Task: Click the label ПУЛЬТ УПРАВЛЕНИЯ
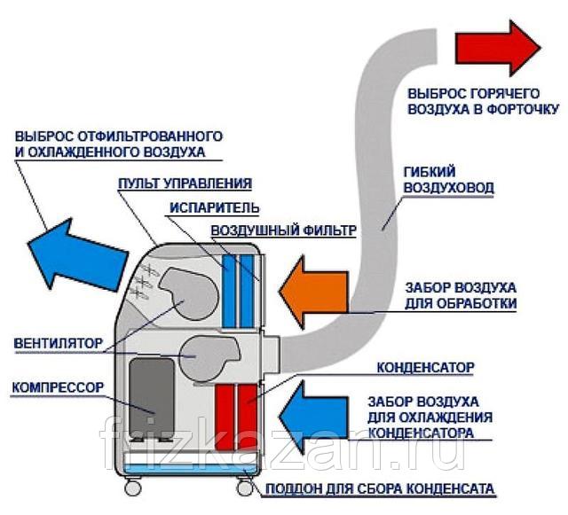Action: [184, 183]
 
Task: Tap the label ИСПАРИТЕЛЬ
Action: [212, 207]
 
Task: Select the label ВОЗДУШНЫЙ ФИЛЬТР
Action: [283, 230]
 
